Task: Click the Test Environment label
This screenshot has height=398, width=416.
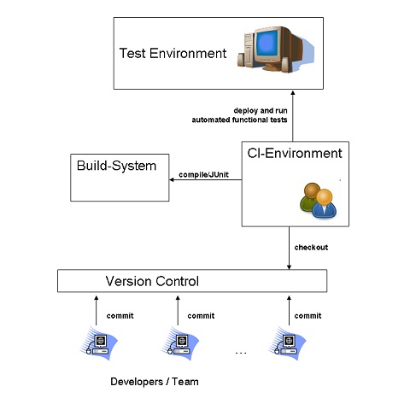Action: point(173,53)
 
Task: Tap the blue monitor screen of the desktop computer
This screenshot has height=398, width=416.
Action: point(267,44)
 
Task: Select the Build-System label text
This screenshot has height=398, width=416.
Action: point(116,166)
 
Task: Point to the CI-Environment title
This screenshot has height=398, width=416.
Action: point(295,153)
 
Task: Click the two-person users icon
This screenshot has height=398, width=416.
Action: point(318,201)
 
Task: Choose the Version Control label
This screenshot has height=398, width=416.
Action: point(152,281)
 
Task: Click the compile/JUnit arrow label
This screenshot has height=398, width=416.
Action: point(203,174)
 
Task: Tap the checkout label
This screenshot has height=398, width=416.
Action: point(311,248)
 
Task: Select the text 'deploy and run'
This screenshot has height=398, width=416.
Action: point(261,111)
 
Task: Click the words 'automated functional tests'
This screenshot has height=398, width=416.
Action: point(239,120)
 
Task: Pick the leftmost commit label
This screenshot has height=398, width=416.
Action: point(120,316)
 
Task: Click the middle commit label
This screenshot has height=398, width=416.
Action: point(201,316)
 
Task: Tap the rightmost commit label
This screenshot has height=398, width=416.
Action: point(308,316)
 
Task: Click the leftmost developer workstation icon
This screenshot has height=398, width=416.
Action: point(98,343)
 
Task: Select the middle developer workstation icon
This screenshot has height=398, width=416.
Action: point(180,343)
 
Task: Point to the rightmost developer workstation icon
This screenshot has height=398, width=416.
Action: point(287,343)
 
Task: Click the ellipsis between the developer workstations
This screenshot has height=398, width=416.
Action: point(241,353)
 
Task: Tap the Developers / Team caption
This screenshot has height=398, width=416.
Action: point(155,382)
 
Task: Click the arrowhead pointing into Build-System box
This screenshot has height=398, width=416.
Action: point(172,179)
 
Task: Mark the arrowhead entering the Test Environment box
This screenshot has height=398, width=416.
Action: point(293,93)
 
